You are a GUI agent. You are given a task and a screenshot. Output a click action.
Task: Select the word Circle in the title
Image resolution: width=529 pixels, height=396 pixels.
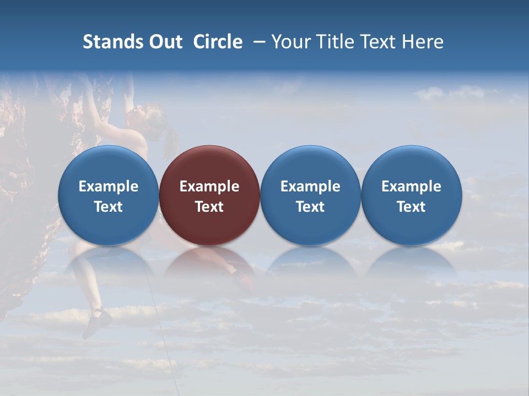(218, 42)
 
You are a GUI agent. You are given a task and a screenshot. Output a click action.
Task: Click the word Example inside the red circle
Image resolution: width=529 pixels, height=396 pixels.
(209, 186)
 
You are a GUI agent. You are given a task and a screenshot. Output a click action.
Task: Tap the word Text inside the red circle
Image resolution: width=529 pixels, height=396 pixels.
(209, 207)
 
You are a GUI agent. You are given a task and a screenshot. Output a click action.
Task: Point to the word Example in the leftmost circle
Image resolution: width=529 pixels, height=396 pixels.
(108, 186)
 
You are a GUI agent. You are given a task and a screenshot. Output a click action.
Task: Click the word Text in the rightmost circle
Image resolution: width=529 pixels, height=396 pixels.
(411, 207)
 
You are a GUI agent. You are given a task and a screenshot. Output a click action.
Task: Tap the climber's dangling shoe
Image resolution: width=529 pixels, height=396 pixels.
(97, 322)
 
